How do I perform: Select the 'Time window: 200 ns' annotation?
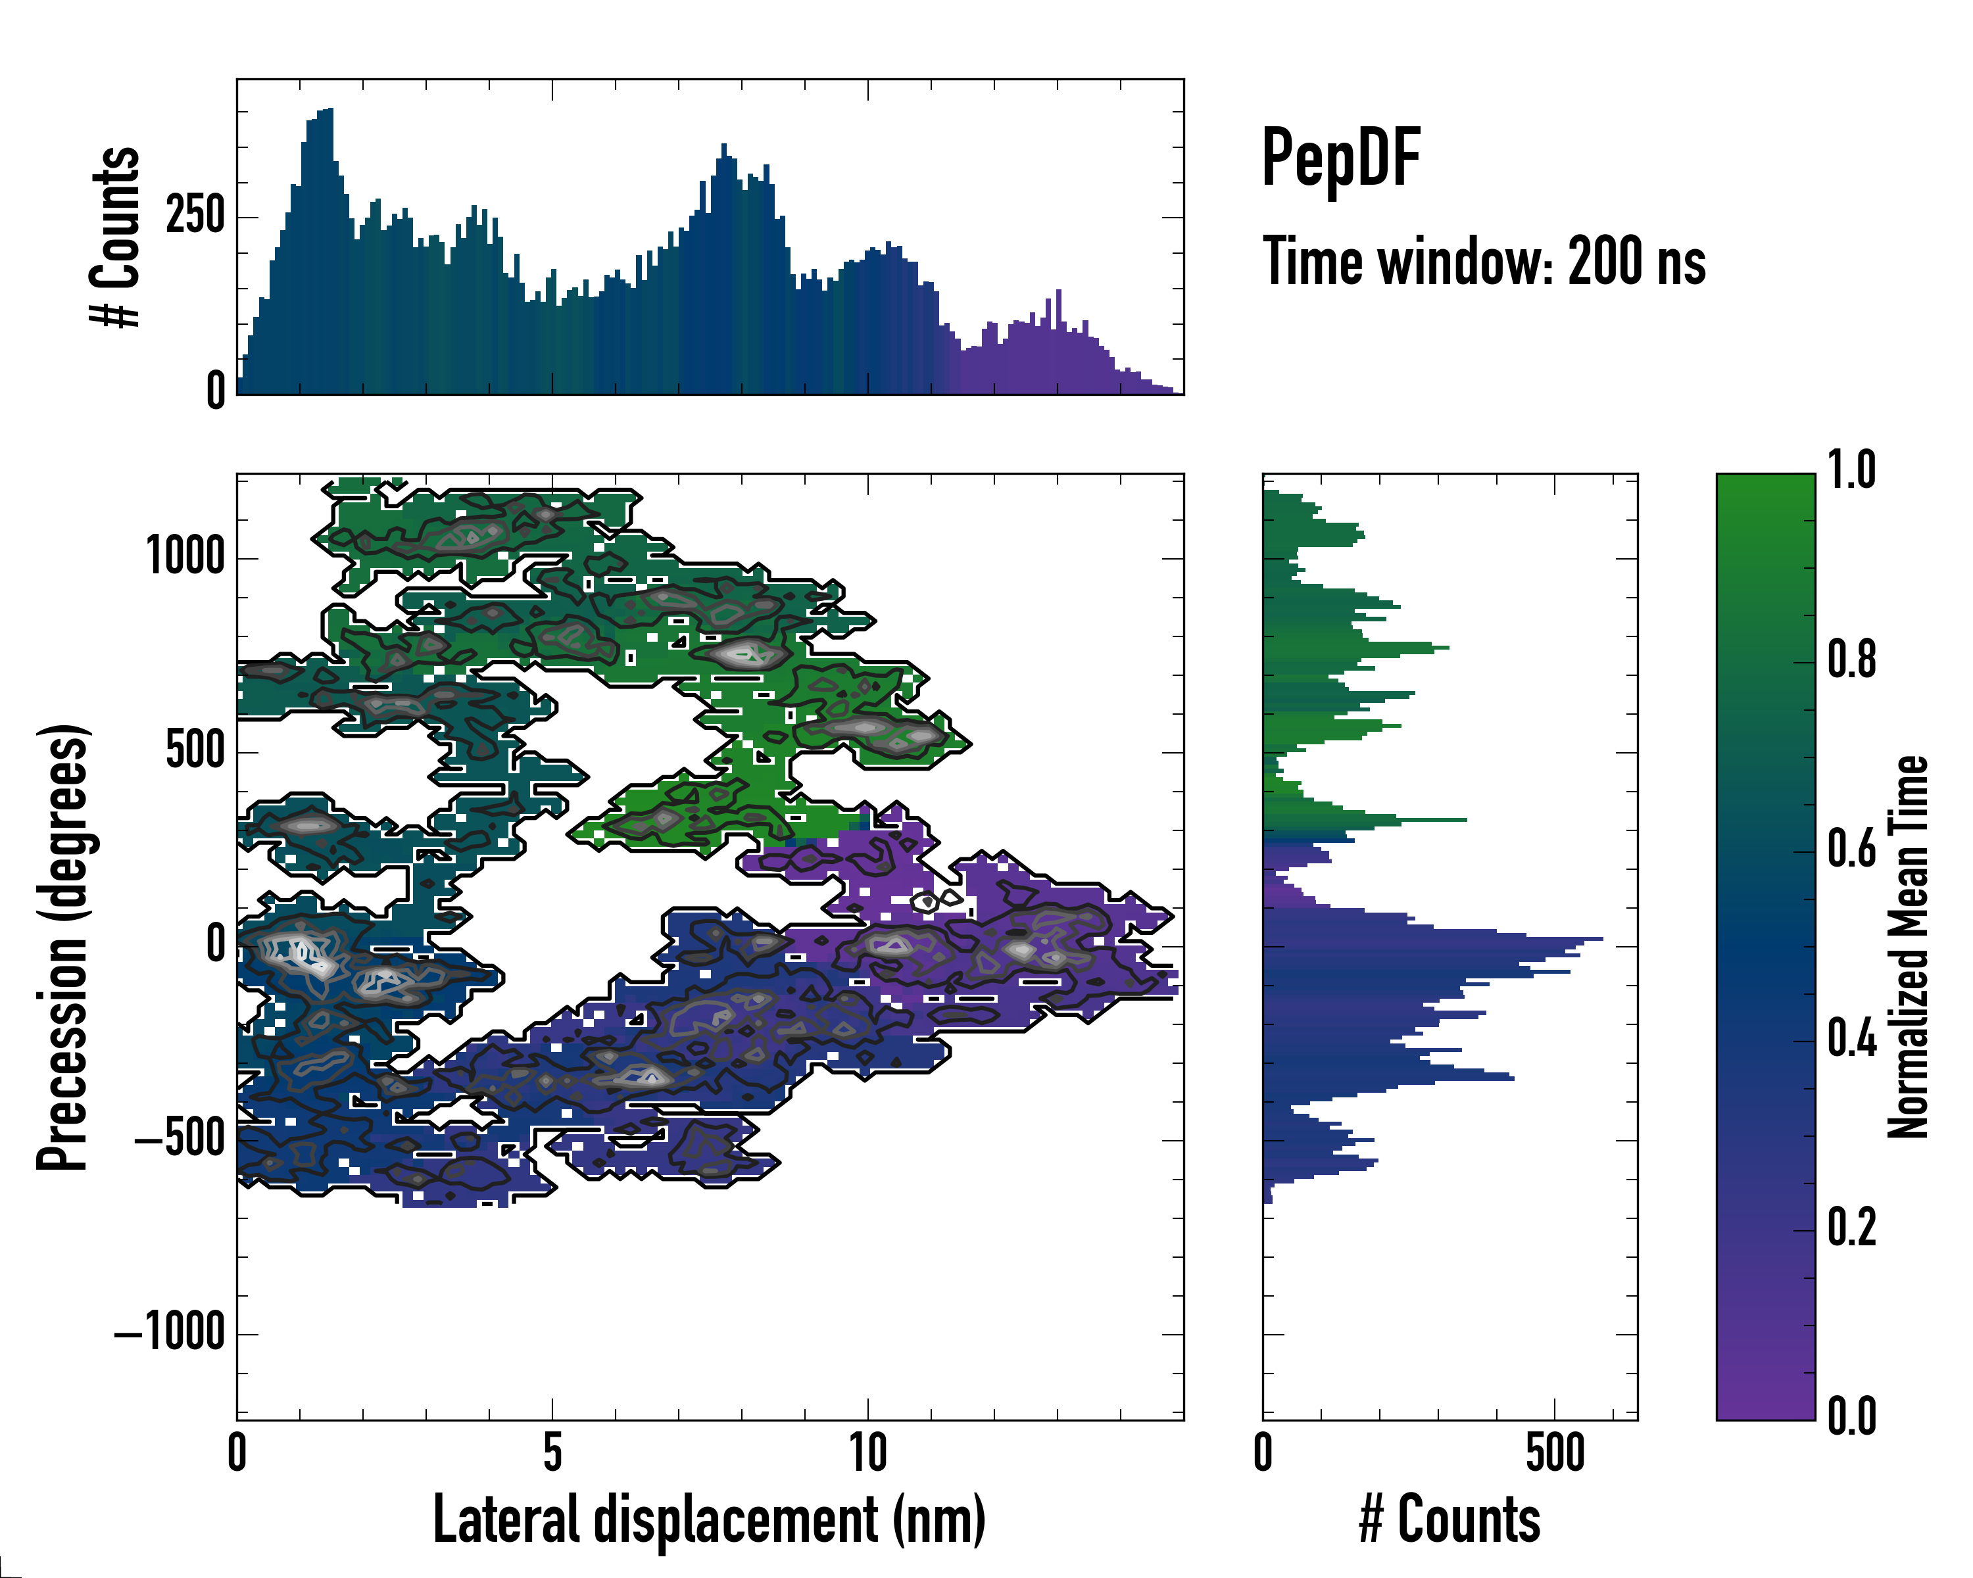[1484, 262]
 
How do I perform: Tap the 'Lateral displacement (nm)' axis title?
[708, 1519]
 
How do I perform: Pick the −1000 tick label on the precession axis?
[170, 1332]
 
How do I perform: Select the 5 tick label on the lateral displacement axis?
[552, 1452]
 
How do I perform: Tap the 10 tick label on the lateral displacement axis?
[867, 1452]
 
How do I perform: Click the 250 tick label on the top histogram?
[195, 217]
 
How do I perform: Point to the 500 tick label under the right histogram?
[1555, 1452]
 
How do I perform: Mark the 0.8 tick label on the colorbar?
[1851, 659]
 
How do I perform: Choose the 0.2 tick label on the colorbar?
[1851, 1227]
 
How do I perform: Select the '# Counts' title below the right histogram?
[1449, 1519]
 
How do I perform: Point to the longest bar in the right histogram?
[1432, 938]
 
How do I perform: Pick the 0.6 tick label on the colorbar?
[1851, 849]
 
